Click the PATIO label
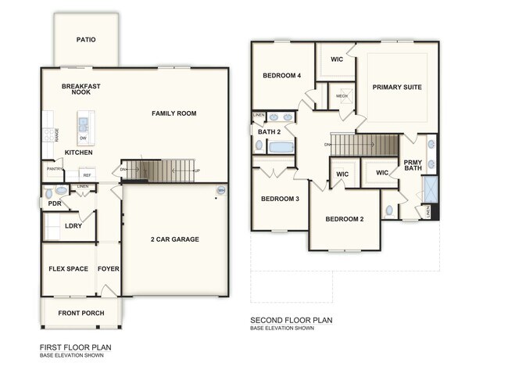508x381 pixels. click(86, 39)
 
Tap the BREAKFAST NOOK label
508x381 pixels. click(81, 89)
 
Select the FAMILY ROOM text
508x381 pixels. click(174, 113)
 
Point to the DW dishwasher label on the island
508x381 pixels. click(83, 138)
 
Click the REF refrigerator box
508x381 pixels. click(87, 175)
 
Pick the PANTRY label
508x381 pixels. click(55, 169)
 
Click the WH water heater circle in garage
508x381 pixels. click(220, 190)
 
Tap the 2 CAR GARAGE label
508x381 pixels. click(175, 239)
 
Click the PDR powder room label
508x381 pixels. click(54, 203)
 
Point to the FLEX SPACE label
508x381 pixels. click(68, 269)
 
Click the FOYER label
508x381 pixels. click(108, 269)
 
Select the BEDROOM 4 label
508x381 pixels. click(281, 75)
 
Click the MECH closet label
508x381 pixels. click(342, 96)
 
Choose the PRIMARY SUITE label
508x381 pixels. click(396, 87)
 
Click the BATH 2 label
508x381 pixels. click(269, 131)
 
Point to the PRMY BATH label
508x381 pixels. click(412, 166)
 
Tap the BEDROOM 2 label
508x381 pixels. click(345, 219)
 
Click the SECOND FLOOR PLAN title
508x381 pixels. click(292, 320)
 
